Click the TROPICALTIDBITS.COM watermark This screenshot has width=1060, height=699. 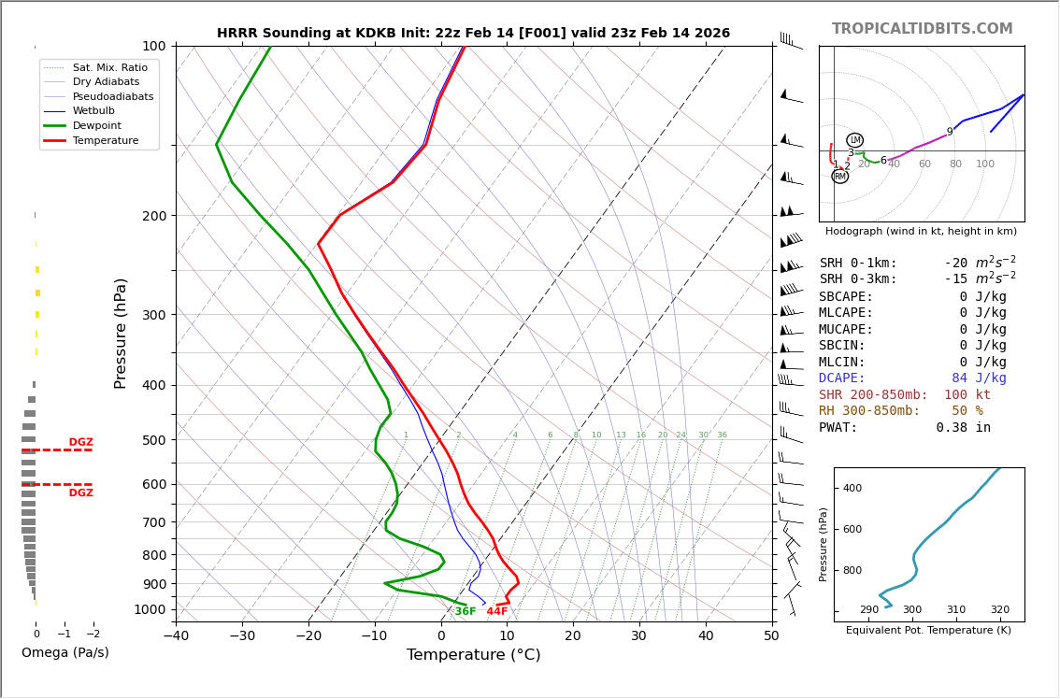coord(922,29)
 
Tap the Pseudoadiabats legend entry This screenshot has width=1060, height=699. coord(113,96)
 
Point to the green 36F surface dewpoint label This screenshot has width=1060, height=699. coord(466,612)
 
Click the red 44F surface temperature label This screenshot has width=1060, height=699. coord(496,612)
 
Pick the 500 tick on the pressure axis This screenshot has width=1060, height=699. coord(154,440)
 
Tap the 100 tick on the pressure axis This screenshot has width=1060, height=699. coord(154,46)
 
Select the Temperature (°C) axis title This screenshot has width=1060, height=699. coord(473,655)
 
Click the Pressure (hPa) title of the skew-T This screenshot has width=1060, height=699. coord(121,333)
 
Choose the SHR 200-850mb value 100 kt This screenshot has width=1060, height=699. coord(967,395)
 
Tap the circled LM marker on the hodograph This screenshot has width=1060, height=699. coord(854,140)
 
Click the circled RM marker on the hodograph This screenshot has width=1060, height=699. coord(839,177)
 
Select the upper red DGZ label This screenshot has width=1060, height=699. coord(80,443)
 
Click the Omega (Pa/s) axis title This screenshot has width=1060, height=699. coord(64,653)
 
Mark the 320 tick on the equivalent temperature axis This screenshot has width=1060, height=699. coord(999,610)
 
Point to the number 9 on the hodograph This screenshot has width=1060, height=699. coord(950,133)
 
